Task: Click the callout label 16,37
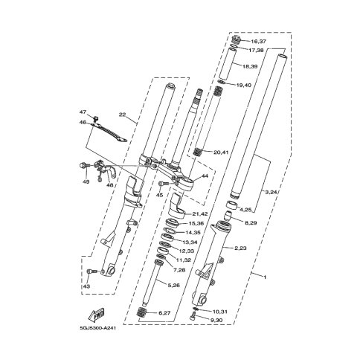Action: click(251, 41)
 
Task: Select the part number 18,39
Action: click(250, 66)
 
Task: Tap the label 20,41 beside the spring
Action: click(221, 152)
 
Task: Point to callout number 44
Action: click(205, 176)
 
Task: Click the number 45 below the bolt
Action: click(159, 195)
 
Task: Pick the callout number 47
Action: click(83, 112)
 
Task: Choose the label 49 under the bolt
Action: click(86, 182)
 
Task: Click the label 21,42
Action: click(200, 214)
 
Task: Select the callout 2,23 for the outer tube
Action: click(240, 248)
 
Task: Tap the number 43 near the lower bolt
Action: click(86, 286)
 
